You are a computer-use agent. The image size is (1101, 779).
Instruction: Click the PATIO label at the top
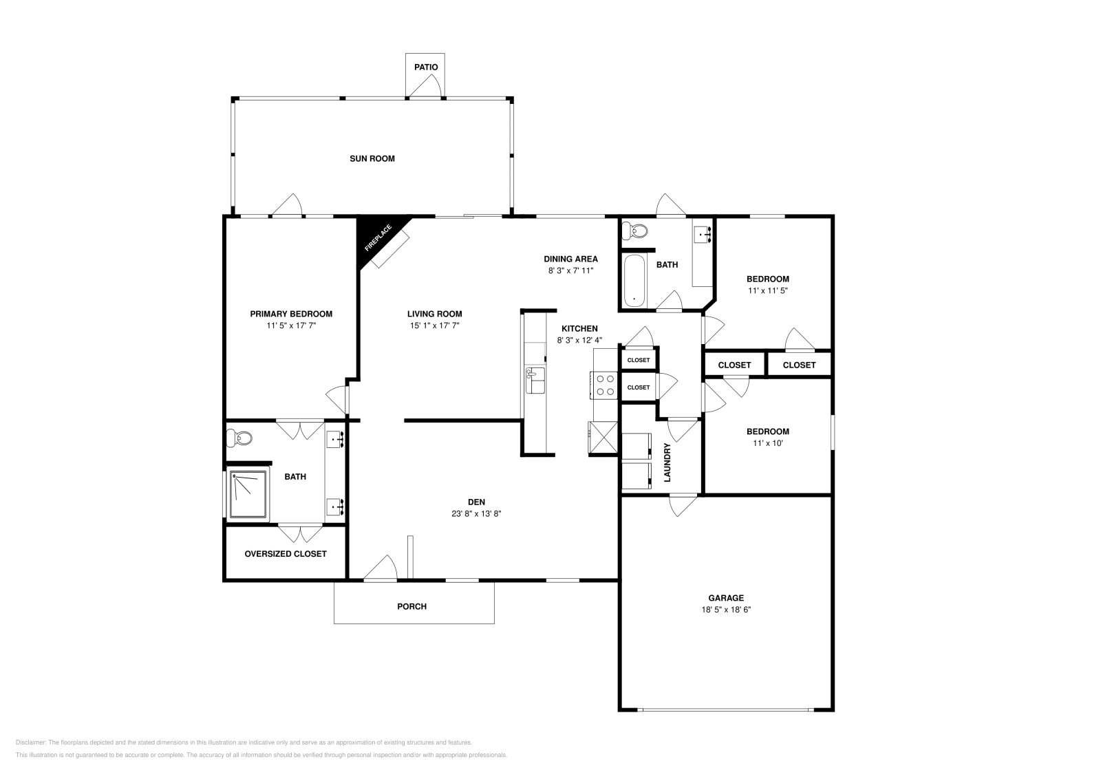(x=425, y=67)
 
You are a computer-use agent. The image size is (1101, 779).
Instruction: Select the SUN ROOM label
(x=372, y=158)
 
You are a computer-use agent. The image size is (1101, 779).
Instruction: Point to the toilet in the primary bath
(x=242, y=436)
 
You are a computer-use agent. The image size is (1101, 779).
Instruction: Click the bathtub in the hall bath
(x=634, y=281)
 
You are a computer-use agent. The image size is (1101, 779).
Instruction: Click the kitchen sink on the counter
(x=535, y=381)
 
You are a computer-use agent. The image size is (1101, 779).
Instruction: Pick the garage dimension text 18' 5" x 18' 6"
(x=726, y=610)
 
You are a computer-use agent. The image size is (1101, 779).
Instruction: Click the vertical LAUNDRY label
(x=667, y=462)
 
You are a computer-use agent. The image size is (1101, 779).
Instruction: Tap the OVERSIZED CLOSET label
(x=286, y=554)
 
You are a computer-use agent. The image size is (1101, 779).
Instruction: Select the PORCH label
(x=411, y=606)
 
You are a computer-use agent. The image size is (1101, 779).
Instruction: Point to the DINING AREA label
(x=570, y=259)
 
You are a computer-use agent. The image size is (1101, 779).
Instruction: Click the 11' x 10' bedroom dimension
(x=768, y=443)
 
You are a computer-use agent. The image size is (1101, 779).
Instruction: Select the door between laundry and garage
(x=683, y=505)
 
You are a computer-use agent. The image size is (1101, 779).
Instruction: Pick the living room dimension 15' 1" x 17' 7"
(x=434, y=326)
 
